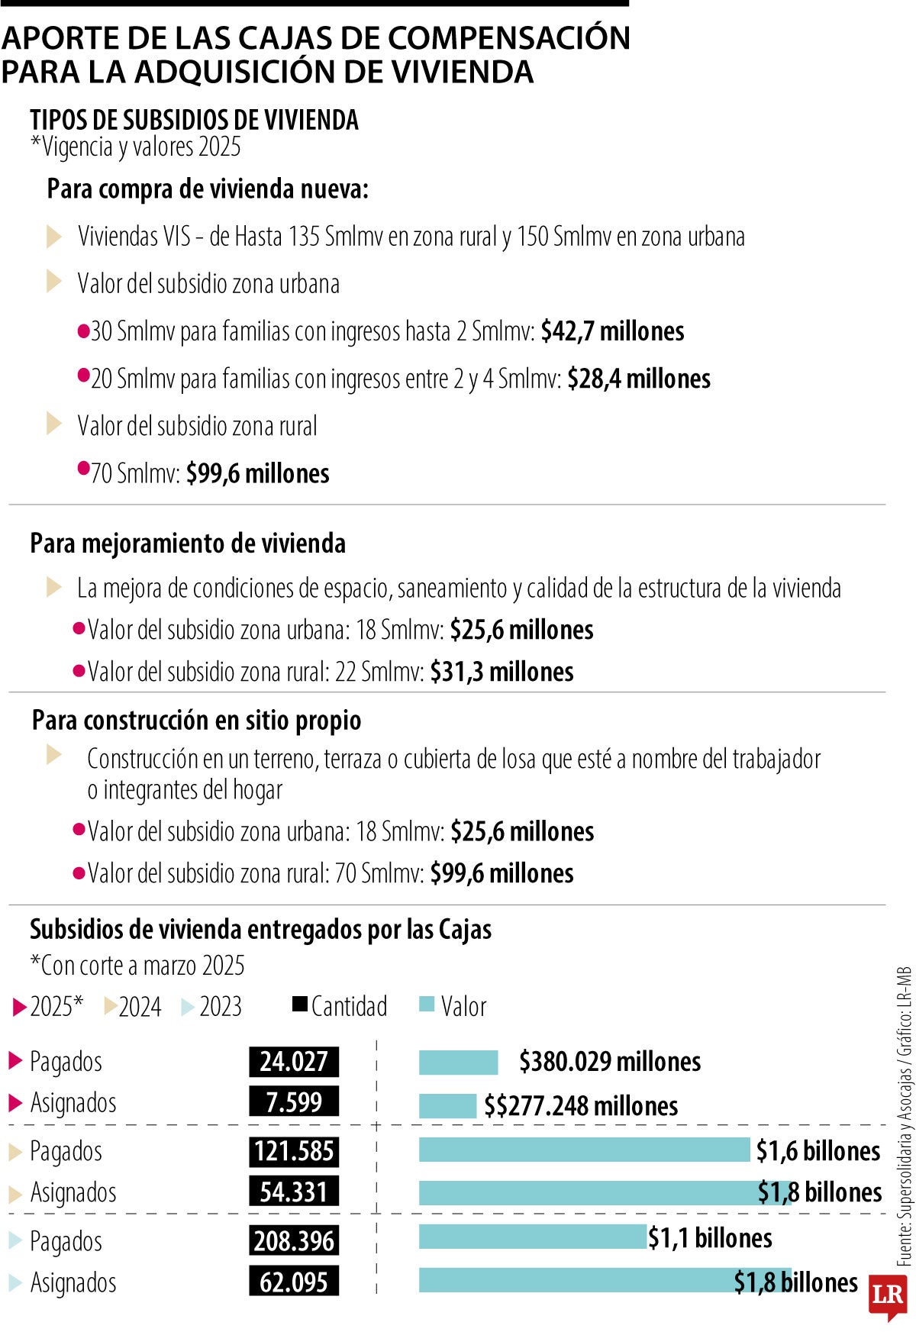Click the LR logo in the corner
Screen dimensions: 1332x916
click(888, 1295)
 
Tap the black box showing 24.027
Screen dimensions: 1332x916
click(294, 1062)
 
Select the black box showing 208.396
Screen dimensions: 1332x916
click(294, 1240)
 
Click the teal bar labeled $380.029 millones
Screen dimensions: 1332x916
click(458, 1062)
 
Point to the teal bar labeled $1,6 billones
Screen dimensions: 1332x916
click(584, 1150)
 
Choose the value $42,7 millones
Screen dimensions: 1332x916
click(612, 331)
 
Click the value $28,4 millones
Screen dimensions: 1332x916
click(639, 379)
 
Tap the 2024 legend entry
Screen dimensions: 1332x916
click(133, 1007)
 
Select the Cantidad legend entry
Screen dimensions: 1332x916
click(340, 1006)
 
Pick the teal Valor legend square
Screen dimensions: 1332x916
click(427, 1005)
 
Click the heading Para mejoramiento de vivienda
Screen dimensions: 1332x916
click(188, 543)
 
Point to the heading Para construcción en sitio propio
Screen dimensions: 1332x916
click(196, 720)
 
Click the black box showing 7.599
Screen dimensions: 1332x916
click(294, 1102)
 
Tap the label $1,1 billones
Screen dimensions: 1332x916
click(710, 1238)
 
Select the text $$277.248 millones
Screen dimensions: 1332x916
click(581, 1106)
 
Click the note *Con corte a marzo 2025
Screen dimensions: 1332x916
click(137, 966)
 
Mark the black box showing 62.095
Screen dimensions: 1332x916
click(294, 1282)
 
